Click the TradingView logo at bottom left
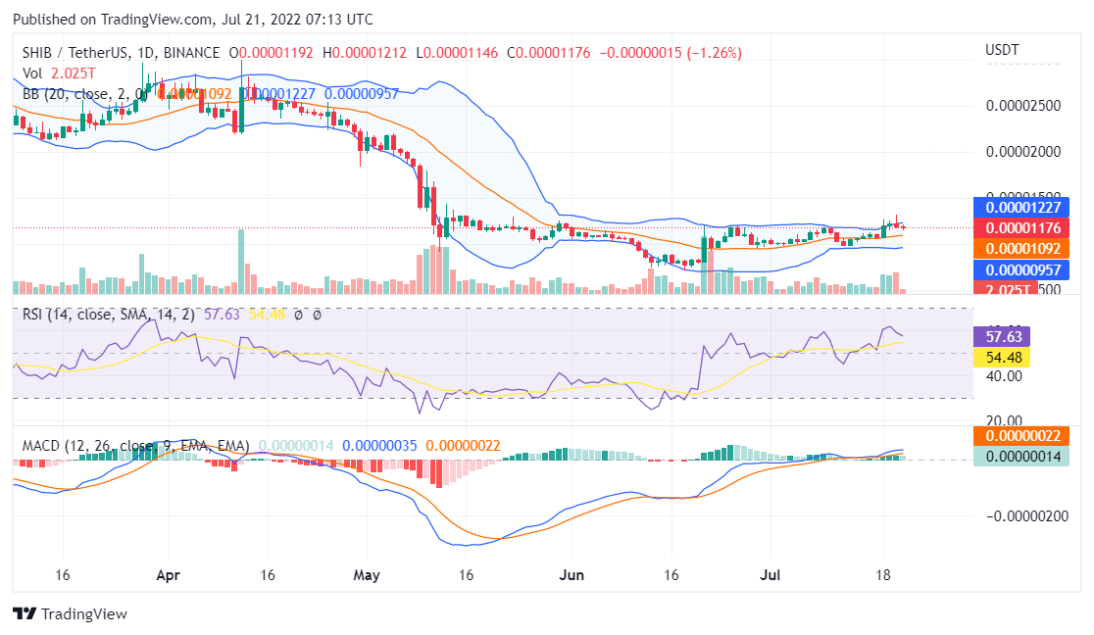[x=70, y=613]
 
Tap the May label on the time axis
[x=367, y=575]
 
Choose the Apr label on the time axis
[x=169, y=575]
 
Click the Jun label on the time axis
[x=571, y=575]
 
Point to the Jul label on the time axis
[x=772, y=575]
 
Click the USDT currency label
[x=1001, y=50]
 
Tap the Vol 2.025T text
[x=60, y=73]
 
